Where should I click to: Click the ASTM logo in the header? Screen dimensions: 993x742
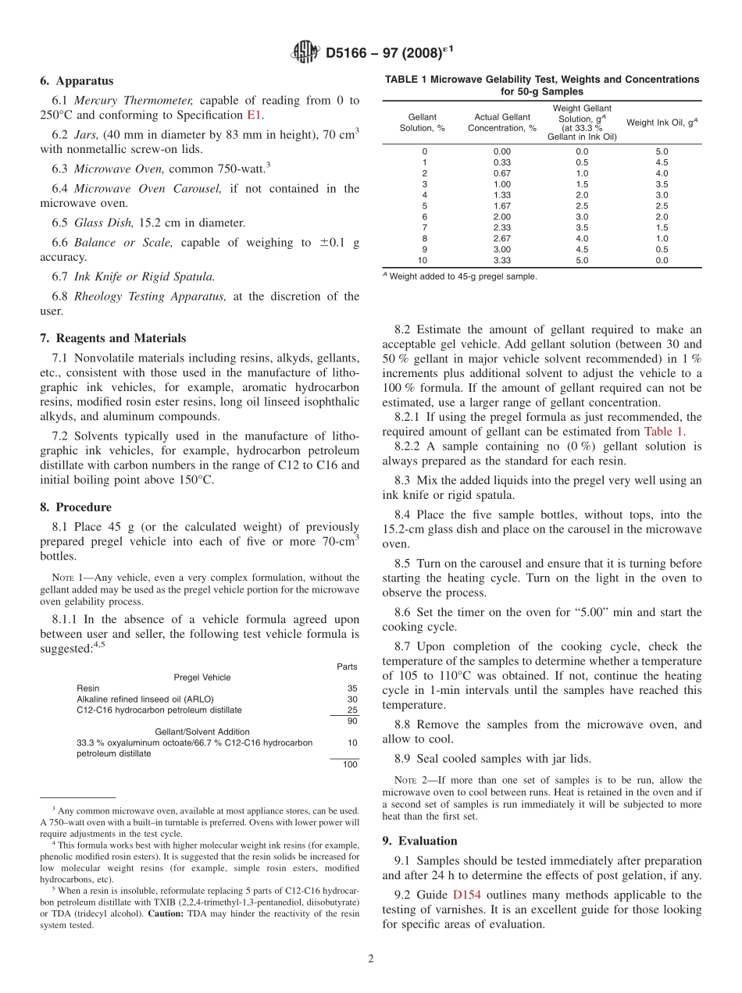[305, 52]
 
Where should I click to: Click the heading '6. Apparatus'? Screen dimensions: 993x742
[77, 81]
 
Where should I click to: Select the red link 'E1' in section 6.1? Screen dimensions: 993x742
[255, 115]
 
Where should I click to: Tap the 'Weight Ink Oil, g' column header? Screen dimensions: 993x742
[662, 123]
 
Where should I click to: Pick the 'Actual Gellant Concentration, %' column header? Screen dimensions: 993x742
[501, 123]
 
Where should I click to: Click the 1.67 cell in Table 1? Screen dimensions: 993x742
[501, 206]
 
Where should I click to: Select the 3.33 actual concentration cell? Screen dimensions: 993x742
[501, 261]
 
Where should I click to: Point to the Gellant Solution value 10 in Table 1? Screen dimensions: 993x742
[423, 261]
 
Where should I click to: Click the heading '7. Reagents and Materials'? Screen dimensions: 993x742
[113, 338]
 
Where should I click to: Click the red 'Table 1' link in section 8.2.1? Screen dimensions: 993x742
[663, 432]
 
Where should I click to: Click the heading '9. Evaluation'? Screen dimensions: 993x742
[419, 841]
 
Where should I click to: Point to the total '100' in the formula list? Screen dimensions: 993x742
[349, 764]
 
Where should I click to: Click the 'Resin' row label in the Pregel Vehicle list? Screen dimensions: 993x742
[88, 689]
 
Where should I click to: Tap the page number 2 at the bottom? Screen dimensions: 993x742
[371, 959]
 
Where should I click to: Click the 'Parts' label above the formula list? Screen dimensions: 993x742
[347, 667]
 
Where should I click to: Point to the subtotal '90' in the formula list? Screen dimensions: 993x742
[351, 721]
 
